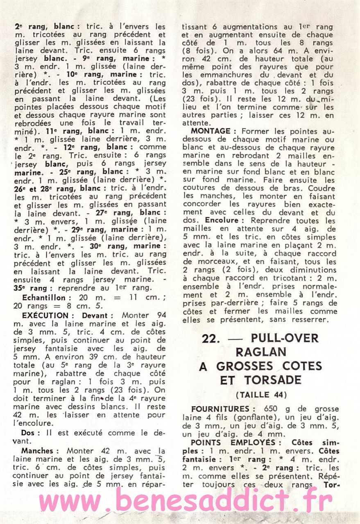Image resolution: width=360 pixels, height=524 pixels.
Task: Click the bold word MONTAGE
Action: (x=211, y=131)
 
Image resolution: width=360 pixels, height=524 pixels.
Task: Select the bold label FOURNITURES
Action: (x=220, y=409)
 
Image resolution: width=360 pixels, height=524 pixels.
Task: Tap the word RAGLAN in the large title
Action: (x=260, y=352)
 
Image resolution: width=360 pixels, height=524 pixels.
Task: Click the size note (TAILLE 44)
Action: (x=260, y=395)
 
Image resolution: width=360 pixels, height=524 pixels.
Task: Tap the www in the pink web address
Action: (x=66, y=501)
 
